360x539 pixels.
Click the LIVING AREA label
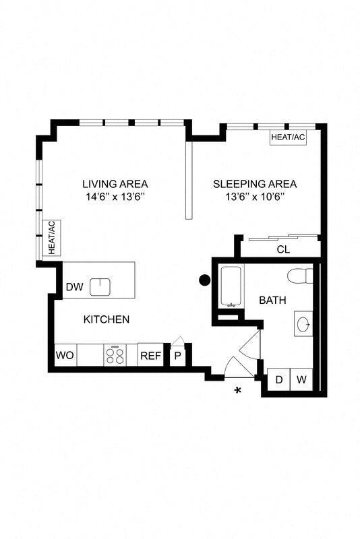(x=115, y=184)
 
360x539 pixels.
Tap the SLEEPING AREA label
(x=255, y=184)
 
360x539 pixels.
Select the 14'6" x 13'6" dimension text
(x=115, y=197)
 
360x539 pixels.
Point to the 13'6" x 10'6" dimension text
(x=255, y=197)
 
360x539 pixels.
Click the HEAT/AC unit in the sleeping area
(x=288, y=137)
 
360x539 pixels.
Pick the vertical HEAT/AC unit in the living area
(x=52, y=238)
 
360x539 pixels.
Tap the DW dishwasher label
(x=74, y=287)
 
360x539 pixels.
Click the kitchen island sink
(x=100, y=287)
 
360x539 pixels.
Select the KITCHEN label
(x=107, y=319)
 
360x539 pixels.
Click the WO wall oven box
(x=65, y=355)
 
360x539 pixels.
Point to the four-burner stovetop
(x=115, y=355)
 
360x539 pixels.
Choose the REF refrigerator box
(x=150, y=355)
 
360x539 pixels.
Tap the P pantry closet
(x=177, y=356)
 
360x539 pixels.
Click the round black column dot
(x=204, y=280)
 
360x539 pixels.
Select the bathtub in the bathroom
(x=232, y=286)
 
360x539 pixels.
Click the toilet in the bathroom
(x=300, y=276)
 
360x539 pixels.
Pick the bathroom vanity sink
(x=303, y=324)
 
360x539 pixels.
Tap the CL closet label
(x=283, y=249)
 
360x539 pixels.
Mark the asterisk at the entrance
(x=237, y=391)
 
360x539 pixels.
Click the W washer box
(x=301, y=379)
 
